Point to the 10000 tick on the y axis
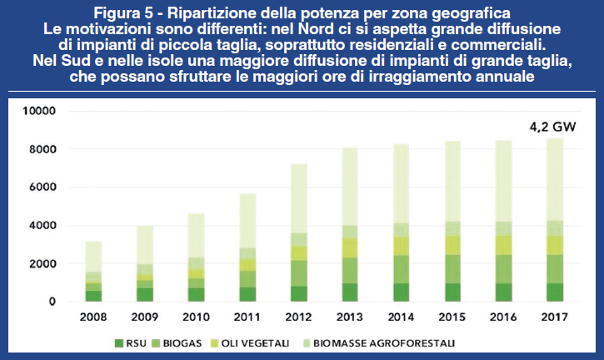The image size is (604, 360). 39,111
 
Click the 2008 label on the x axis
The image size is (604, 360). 94,317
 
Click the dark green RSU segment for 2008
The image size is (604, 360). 94,296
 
